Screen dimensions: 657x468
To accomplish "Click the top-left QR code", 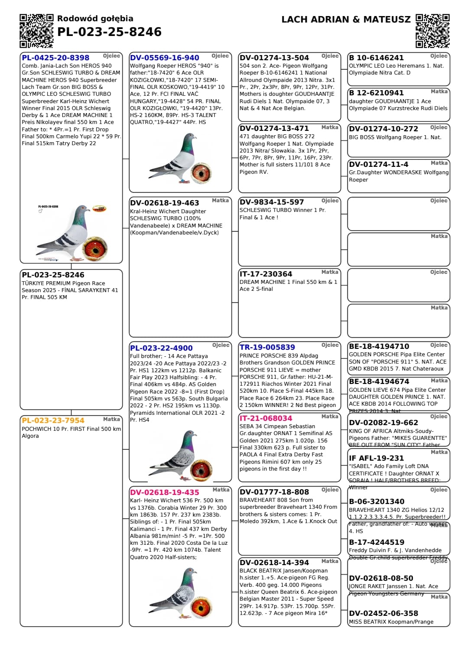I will pos(36,30).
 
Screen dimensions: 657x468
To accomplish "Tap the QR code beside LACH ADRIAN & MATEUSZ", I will pos(432,30).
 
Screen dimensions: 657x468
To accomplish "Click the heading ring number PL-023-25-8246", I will pos(109,32).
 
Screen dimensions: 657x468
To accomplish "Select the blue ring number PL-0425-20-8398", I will pos(55,58).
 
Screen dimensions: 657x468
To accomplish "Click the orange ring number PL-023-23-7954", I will pos(53,420).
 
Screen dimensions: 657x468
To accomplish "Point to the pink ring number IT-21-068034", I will pos(266,418).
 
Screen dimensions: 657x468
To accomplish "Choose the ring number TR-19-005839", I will pos(267,347).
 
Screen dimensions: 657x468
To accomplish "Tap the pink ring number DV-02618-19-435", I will pos(164,492).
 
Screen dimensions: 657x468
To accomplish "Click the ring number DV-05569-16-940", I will pos(164,58).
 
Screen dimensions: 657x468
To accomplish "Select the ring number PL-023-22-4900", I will pos(161,348).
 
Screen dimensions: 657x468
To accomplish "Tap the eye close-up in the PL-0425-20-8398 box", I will pos(95,249).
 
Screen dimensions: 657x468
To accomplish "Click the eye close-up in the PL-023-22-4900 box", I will pos(201,469).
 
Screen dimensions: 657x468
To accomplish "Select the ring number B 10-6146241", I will pos(376,58).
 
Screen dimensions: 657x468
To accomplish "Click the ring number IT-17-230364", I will pos(266,274).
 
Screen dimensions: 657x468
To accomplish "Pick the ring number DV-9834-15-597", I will pos(266,202).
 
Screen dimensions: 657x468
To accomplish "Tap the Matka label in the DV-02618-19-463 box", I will pos(220,201).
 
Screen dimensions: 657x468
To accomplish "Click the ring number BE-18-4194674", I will pos(379,381).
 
